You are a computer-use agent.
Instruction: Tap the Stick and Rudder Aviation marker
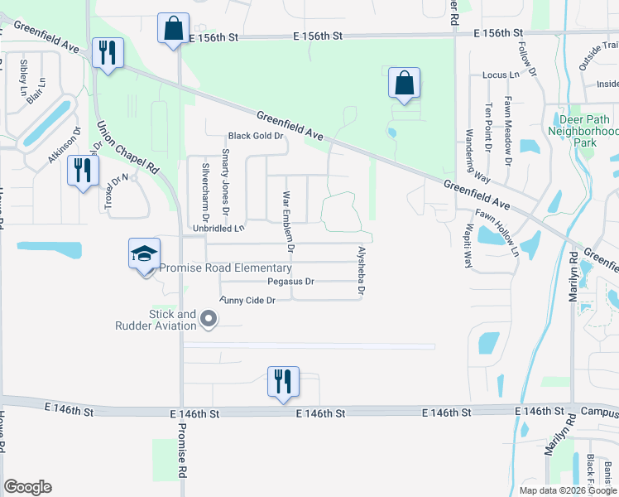[209, 319]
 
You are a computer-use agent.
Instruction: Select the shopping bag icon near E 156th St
[173, 30]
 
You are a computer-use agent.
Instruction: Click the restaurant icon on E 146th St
[283, 382]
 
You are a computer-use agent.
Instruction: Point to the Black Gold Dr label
[256, 136]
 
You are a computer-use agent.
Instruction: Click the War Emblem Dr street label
[289, 220]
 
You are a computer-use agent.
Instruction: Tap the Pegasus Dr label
[285, 282]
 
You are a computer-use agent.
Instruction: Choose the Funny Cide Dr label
[247, 300]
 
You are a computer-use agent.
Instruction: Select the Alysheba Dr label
[361, 270]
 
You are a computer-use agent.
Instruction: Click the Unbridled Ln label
[219, 228]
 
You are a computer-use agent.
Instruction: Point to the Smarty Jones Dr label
[225, 179]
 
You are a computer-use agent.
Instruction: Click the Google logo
[28, 487]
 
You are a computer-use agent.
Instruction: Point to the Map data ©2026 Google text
[567, 490]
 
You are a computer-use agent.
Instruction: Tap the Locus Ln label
[501, 75]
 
